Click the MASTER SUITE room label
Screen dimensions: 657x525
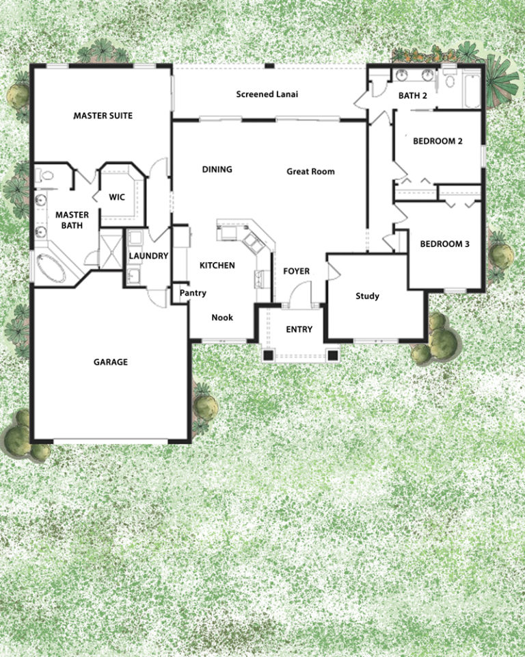click(x=103, y=116)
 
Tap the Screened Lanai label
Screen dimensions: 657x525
click(x=267, y=94)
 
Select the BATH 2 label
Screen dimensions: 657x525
click(x=413, y=96)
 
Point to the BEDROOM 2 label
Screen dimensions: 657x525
click(x=438, y=142)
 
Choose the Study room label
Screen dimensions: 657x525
click(x=367, y=296)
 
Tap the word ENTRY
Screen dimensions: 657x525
click(x=299, y=329)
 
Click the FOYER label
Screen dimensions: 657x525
click(x=296, y=272)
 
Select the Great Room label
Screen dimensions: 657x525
click(x=310, y=172)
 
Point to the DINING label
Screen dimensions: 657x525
click(x=217, y=169)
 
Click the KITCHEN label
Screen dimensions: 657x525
click(x=217, y=266)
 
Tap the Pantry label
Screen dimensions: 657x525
click(x=193, y=294)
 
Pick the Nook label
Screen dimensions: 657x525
click(x=221, y=318)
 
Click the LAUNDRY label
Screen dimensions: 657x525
click(x=148, y=256)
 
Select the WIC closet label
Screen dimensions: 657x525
click(x=118, y=198)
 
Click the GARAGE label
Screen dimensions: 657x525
click(x=111, y=362)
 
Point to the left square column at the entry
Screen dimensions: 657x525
click(x=269, y=355)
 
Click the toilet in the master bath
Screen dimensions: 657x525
click(x=46, y=177)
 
